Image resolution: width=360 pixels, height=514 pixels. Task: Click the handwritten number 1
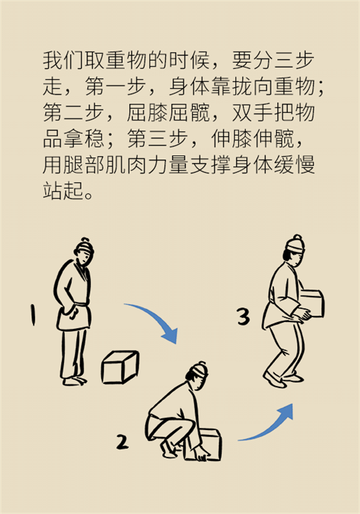32,315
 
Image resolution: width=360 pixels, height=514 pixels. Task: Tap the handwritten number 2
122,442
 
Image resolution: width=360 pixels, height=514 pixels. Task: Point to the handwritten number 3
244,316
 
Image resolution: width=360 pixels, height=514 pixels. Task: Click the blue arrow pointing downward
157,316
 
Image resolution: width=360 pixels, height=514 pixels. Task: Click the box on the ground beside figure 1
120,367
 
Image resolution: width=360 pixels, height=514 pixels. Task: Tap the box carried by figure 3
313,303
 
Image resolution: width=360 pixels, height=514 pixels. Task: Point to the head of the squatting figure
197,375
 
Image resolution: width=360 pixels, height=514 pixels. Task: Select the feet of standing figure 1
74,381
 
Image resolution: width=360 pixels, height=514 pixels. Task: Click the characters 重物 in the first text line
127,61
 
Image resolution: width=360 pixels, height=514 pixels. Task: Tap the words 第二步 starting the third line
74,112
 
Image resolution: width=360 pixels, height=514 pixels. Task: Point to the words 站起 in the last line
64,190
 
